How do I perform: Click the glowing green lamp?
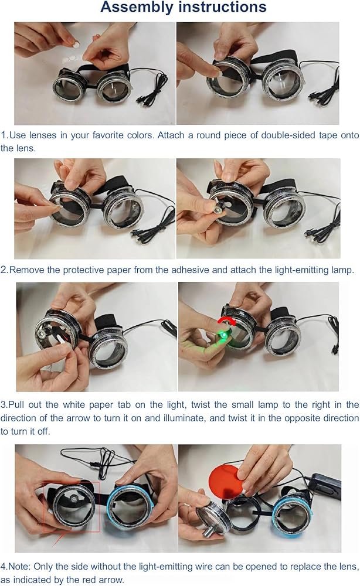[223, 336]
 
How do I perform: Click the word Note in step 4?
[19, 566]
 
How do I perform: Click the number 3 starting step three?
[3, 405]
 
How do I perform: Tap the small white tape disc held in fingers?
[76, 45]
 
